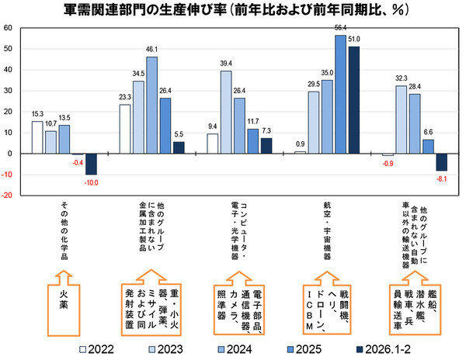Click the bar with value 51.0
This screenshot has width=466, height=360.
click(x=354, y=100)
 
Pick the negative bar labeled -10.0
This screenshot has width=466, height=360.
click(x=91, y=164)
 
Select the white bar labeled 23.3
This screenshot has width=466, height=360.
click(x=125, y=129)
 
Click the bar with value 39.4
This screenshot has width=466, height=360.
click(x=226, y=112)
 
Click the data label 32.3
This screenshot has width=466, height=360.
click(x=401, y=78)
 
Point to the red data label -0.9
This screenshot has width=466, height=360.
click(x=386, y=162)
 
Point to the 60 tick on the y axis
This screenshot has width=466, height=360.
click(x=7, y=28)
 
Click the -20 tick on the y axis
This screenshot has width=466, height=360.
click(x=7, y=196)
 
